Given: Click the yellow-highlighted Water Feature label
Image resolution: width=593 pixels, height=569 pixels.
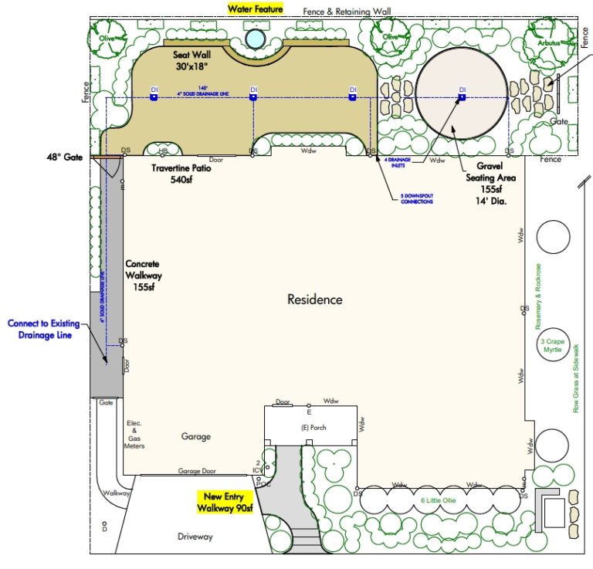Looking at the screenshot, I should (x=255, y=9).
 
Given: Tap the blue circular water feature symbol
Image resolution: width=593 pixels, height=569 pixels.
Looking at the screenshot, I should (x=253, y=38).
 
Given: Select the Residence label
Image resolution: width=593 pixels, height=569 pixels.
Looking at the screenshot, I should (x=314, y=300).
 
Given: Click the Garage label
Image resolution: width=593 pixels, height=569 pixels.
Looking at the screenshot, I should (x=195, y=436).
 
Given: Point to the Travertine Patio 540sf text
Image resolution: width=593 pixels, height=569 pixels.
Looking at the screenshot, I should (x=181, y=174).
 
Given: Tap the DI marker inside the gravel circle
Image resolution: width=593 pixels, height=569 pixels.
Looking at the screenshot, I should (x=463, y=97).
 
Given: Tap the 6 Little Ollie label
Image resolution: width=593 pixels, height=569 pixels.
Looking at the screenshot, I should (x=438, y=500).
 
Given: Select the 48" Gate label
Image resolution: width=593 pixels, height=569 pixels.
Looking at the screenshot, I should (x=66, y=156).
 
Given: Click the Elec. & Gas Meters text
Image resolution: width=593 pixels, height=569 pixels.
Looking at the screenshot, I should (x=134, y=435).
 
